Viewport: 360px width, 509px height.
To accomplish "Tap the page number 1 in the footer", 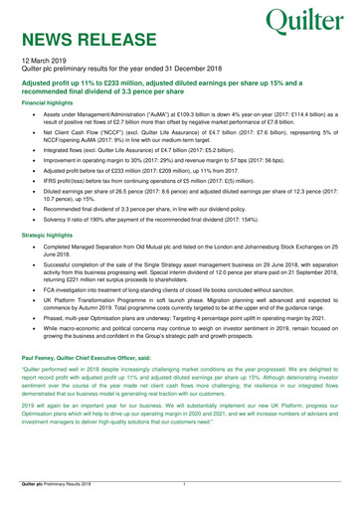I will pyautogui.click(x=185, y=481).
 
